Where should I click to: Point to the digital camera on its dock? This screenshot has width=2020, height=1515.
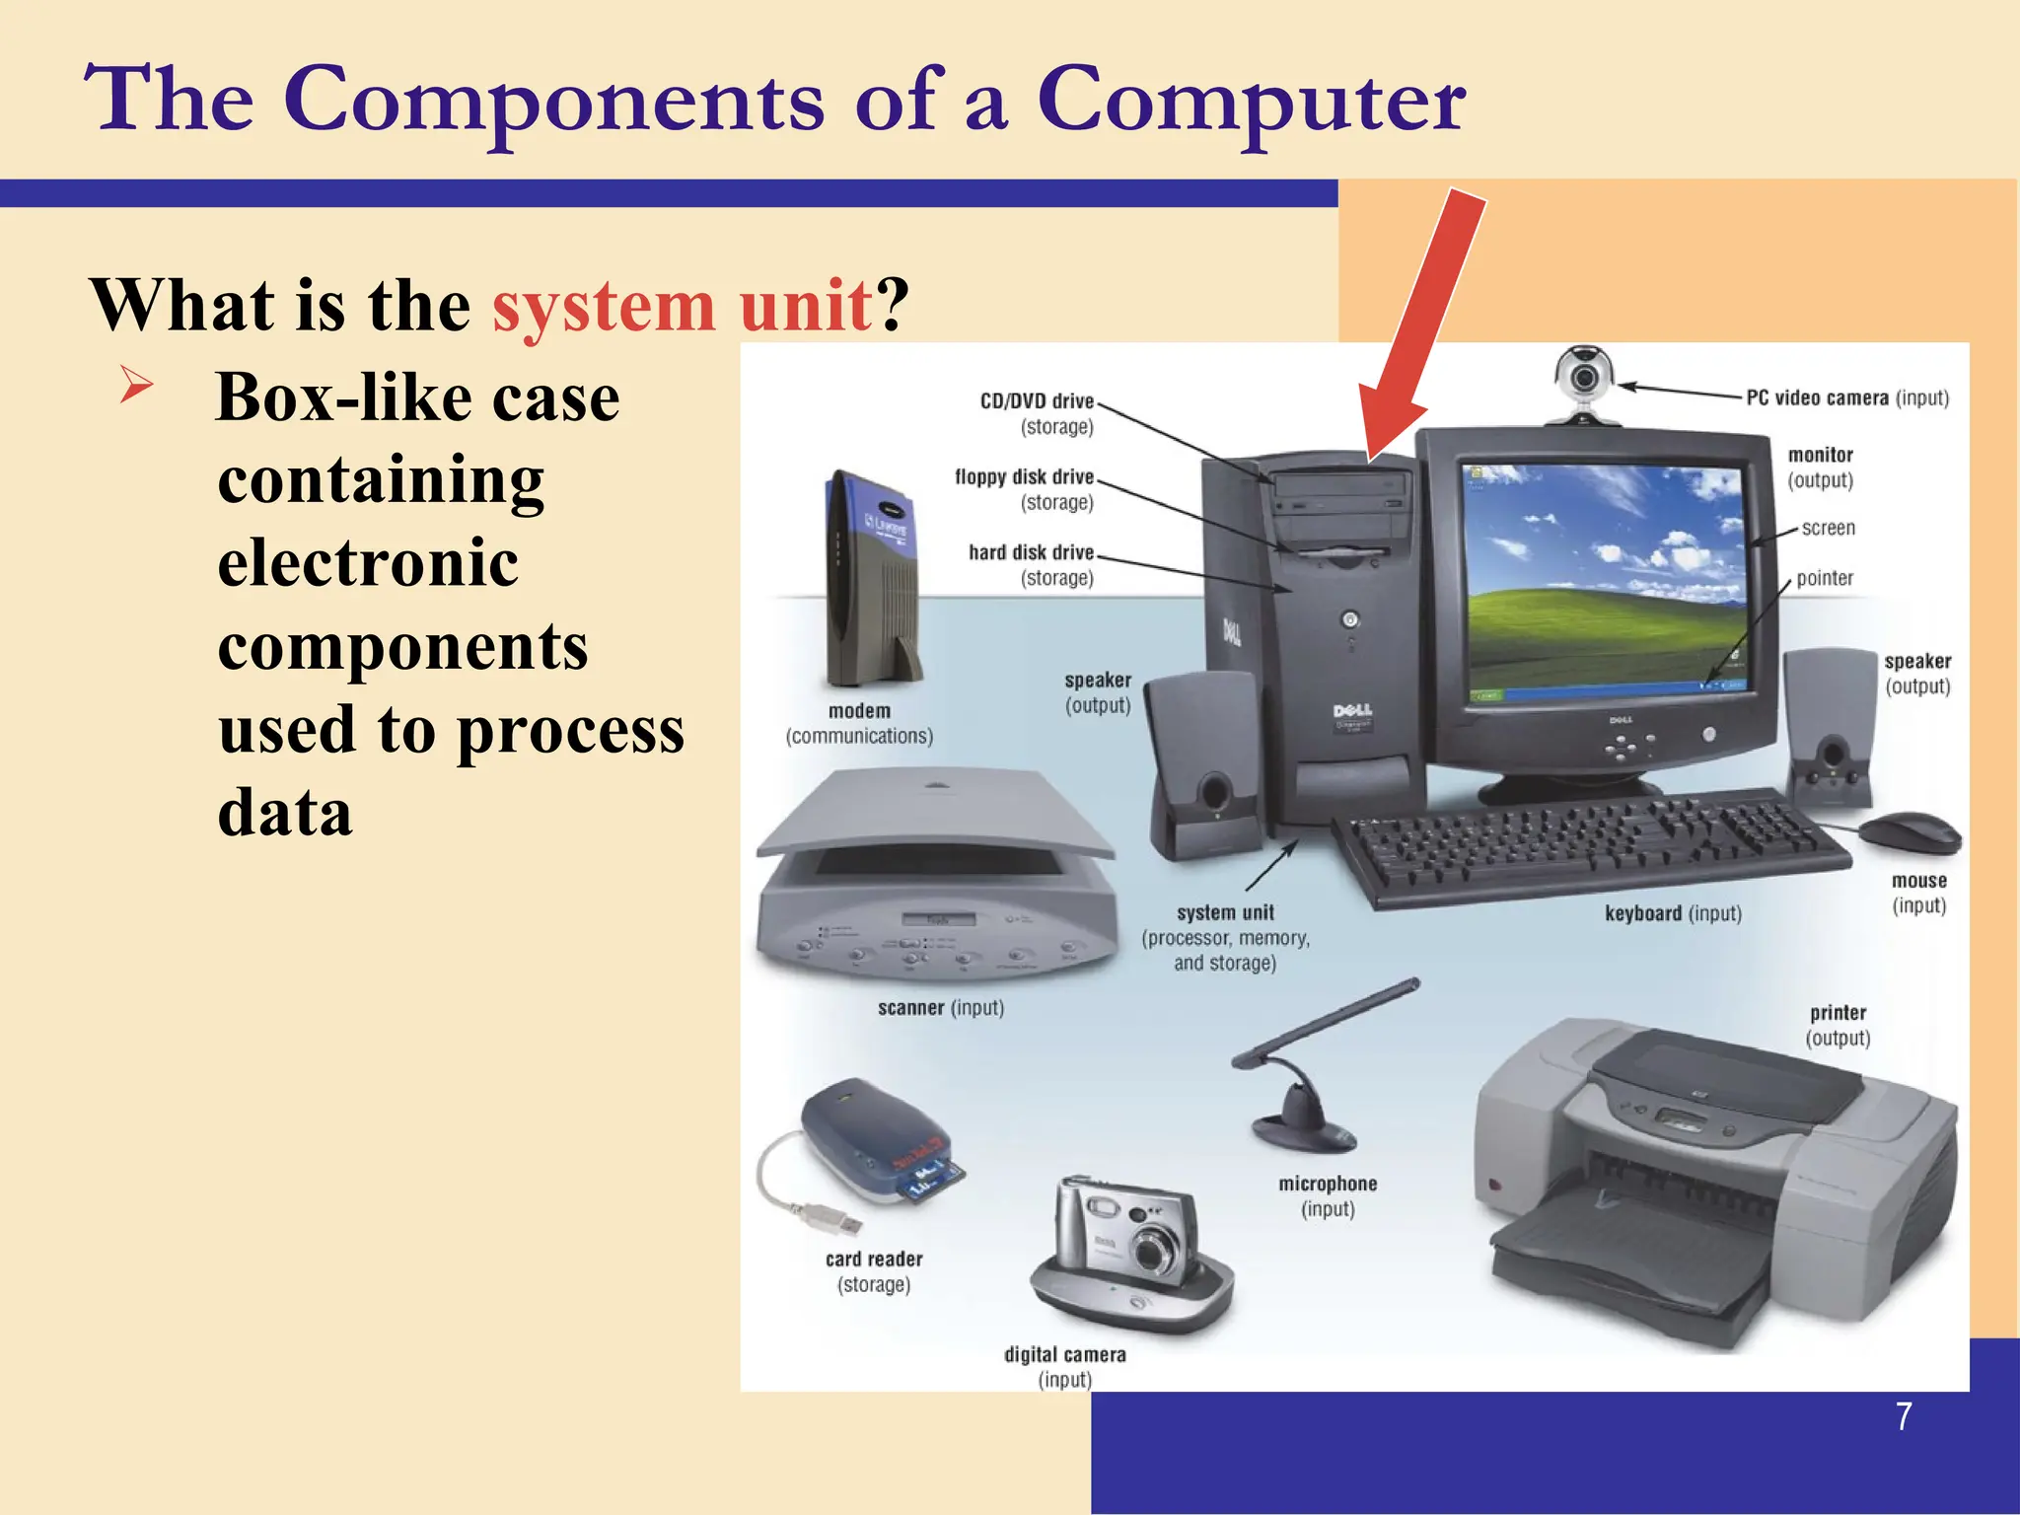(x=1129, y=1253)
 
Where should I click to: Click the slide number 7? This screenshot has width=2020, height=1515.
(x=1904, y=1416)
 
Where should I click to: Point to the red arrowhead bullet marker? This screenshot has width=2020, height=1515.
(x=136, y=384)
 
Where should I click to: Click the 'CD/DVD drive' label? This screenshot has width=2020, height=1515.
(x=1037, y=401)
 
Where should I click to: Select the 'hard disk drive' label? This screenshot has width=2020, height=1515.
(x=1031, y=552)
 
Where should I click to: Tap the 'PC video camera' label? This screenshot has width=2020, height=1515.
(x=1817, y=397)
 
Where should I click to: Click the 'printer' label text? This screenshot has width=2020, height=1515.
(x=1838, y=1013)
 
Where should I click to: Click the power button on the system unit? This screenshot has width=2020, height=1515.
(x=1349, y=619)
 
